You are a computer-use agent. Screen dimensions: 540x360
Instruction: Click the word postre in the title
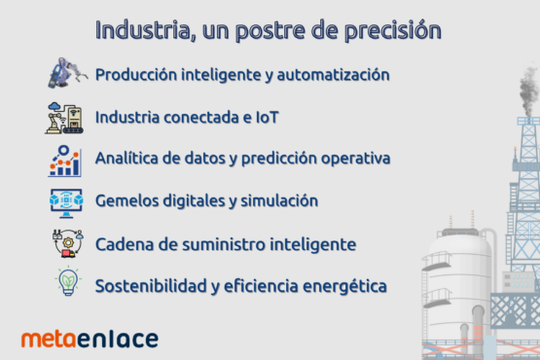point(270,31)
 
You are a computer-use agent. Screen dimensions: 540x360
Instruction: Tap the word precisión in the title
point(393,31)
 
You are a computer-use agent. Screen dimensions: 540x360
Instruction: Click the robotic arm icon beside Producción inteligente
point(67,73)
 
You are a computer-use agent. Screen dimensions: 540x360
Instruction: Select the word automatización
point(333,75)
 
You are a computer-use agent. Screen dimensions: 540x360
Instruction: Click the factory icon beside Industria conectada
point(64,118)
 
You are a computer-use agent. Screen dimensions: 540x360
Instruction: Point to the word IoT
point(267,118)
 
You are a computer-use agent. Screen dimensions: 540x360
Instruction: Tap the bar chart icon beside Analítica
point(65,161)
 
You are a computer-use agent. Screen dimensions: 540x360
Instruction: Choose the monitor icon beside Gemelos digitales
point(66,203)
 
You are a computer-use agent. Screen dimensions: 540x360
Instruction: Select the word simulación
point(279,200)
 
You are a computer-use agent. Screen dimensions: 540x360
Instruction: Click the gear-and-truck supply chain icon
point(68,243)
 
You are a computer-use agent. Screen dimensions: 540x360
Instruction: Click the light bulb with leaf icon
point(68,281)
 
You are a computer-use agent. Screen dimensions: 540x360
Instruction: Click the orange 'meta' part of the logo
point(49,340)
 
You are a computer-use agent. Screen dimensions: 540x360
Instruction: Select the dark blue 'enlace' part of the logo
point(118,339)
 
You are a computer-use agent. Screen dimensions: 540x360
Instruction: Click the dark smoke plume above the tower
point(528,91)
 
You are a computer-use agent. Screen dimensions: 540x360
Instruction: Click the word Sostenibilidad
point(151,286)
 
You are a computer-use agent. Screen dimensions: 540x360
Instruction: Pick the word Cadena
point(125,244)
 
